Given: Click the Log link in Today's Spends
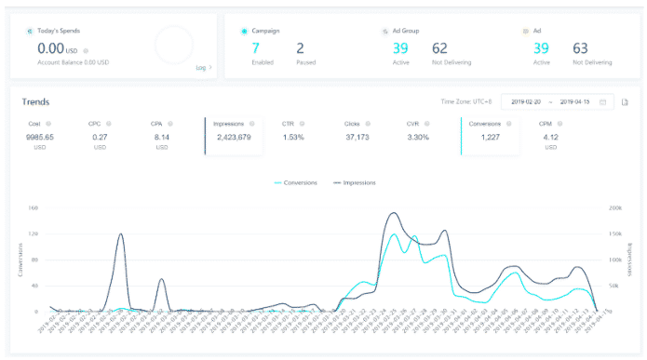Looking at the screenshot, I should [201, 67].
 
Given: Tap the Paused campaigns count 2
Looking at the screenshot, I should [300, 47].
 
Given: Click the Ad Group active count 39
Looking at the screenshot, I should [400, 47].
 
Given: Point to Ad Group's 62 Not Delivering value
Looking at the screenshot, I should [440, 47].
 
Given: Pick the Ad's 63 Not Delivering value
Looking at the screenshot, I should [581, 47].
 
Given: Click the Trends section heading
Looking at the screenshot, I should [35, 102].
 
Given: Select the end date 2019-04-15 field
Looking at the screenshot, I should [575, 102].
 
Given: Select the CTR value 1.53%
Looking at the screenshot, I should [294, 138].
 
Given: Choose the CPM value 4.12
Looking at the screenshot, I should [549, 138].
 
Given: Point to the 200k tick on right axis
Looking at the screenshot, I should [615, 208].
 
